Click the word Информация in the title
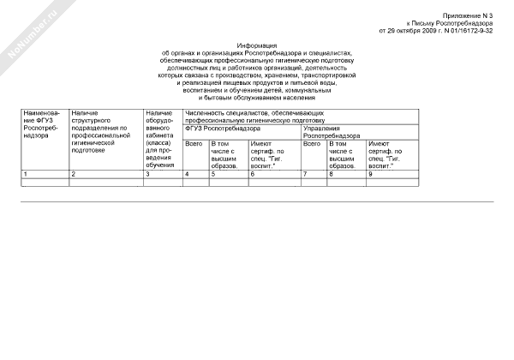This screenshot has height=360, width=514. [257, 45]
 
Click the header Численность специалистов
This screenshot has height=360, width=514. [254, 117]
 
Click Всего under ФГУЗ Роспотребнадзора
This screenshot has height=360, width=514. [193, 143]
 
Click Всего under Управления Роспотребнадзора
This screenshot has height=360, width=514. [311, 143]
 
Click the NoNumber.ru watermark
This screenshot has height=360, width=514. [31, 34]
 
